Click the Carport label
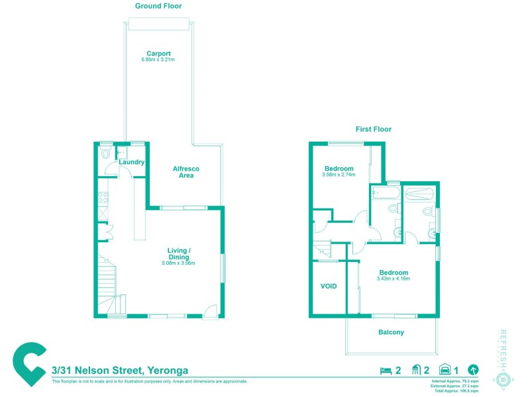tap(159, 54)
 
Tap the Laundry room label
tap(131, 162)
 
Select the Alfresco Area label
tap(185, 172)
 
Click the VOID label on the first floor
tap(329, 287)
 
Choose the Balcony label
tap(391, 332)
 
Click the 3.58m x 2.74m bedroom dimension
tap(339, 175)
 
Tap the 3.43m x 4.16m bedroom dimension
tap(394, 279)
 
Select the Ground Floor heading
tap(158, 6)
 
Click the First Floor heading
tap(373, 130)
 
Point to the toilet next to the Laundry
tap(106, 154)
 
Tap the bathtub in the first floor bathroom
tap(384, 194)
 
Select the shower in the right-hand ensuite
tap(418, 195)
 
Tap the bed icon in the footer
tap(385, 371)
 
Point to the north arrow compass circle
tap(473, 371)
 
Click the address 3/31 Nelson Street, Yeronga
tap(121, 371)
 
